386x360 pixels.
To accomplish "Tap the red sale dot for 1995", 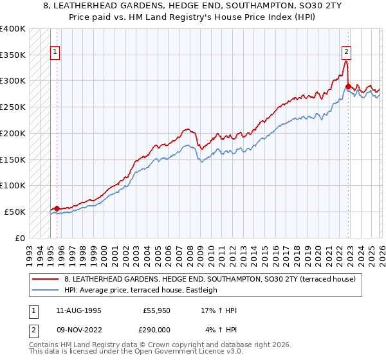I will [57, 208].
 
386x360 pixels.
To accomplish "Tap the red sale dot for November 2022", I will [348, 86].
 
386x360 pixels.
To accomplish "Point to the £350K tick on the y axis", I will [13, 55].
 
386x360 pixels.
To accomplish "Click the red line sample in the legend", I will [46, 279].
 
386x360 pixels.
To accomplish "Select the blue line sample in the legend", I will [46, 290].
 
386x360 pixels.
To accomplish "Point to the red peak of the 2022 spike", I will [346, 62].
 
